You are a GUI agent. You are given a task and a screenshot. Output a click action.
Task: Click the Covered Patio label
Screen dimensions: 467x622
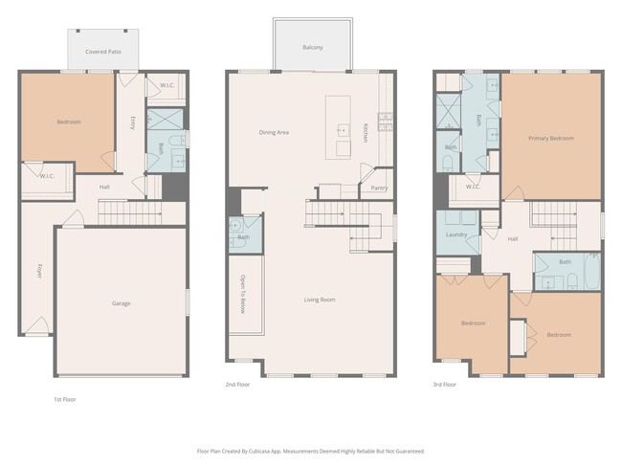(102, 51)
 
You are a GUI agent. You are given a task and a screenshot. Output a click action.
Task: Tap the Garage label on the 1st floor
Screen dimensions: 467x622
(121, 303)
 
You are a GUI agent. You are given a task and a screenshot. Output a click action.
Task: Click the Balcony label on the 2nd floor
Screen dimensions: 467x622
(312, 47)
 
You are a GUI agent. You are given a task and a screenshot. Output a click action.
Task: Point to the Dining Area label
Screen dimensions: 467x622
(274, 132)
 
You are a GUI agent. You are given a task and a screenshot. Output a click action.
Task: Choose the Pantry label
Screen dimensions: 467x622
(379, 188)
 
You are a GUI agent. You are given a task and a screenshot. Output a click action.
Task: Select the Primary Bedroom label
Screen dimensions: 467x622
(551, 138)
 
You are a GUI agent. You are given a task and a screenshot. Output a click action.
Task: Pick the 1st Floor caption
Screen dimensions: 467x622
(64, 399)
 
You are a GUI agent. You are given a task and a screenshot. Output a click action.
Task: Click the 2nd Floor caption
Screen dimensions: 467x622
(236, 384)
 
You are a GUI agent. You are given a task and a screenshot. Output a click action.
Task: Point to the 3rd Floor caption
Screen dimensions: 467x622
(444, 384)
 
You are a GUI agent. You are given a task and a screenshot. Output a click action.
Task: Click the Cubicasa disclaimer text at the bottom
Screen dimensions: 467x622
(311, 450)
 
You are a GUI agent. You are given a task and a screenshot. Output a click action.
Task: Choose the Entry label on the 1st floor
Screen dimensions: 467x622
(132, 122)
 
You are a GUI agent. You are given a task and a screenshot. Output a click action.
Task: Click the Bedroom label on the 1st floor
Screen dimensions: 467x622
(68, 122)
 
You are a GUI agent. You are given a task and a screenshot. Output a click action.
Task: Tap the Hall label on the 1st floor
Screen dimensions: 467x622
(104, 187)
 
